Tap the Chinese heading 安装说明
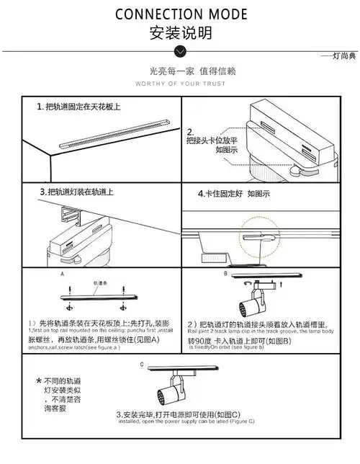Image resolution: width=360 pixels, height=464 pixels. pos(181,32)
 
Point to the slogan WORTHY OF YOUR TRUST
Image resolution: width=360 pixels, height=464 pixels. pos(181,84)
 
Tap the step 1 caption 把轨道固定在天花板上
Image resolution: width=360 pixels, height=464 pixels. pos(78,107)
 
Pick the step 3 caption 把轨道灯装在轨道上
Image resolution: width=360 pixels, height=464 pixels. pos(76,192)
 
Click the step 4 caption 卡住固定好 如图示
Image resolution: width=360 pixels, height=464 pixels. pos(233,194)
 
